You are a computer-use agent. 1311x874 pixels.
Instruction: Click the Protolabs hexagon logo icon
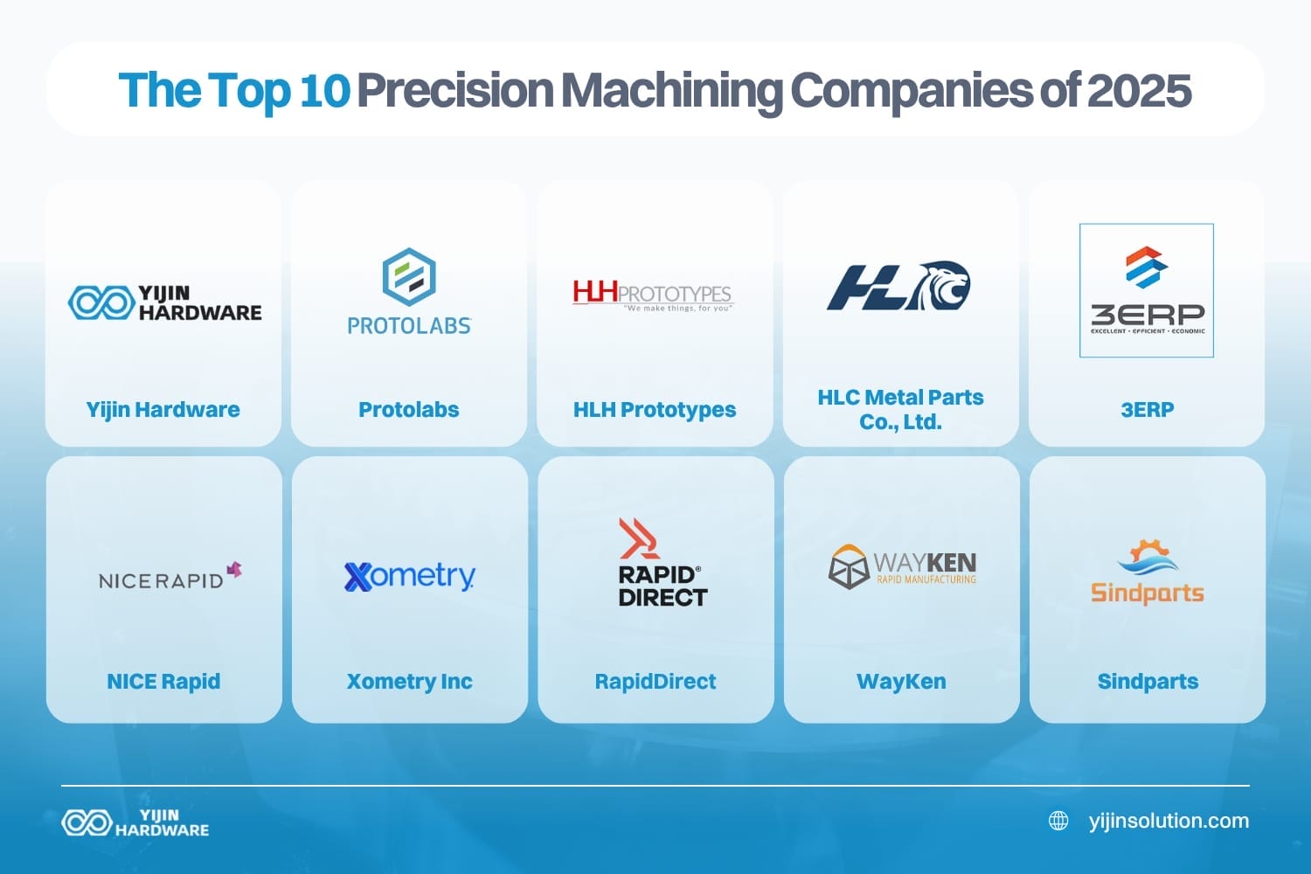click(409, 276)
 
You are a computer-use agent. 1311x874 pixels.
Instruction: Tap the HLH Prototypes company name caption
click(655, 409)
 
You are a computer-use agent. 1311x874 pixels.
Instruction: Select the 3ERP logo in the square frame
click(1147, 290)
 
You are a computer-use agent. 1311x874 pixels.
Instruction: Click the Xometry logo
click(409, 576)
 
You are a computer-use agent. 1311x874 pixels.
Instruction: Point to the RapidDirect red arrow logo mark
click(639, 538)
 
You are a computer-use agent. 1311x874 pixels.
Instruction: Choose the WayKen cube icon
click(848, 566)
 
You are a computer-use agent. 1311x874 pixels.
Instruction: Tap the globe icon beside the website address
click(1058, 821)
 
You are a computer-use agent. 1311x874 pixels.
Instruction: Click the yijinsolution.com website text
click(1169, 821)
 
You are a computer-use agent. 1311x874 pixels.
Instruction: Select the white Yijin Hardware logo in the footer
click(135, 822)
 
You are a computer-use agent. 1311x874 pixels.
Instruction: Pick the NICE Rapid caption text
click(163, 681)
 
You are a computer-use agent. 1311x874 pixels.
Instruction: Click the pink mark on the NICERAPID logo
click(234, 571)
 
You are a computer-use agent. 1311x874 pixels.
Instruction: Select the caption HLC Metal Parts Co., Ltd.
click(900, 409)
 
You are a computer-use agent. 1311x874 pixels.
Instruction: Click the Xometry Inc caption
click(409, 681)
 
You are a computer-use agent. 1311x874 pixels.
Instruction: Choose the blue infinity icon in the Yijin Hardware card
click(100, 302)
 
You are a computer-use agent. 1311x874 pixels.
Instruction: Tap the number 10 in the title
click(324, 90)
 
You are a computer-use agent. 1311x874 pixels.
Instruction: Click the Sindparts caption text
click(1148, 681)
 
